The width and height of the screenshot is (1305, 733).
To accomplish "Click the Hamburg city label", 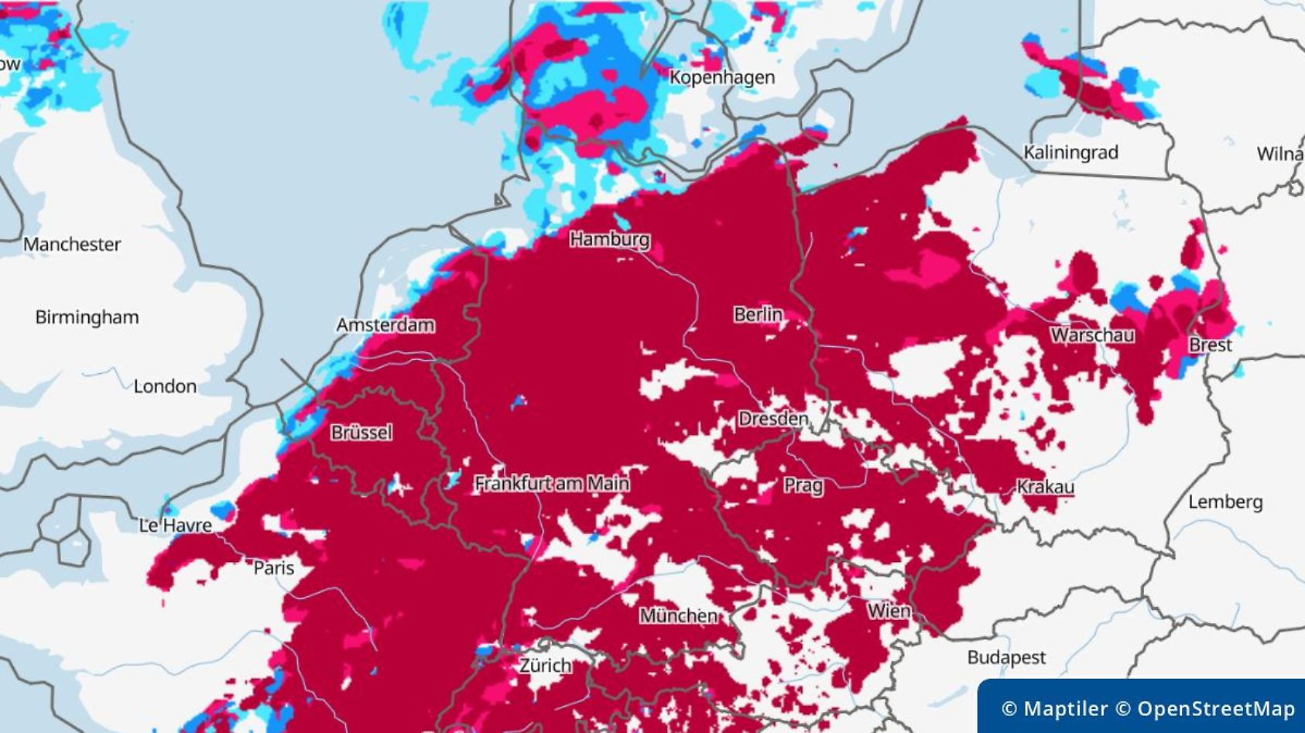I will click(x=609, y=239).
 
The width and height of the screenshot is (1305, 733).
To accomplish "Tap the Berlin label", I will click(x=758, y=314).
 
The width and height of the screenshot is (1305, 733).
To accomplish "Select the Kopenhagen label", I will click(x=721, y=77).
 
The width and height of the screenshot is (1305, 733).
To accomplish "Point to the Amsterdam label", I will click(x=385, y=325).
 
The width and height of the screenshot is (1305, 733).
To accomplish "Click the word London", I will click(x=165, y=386).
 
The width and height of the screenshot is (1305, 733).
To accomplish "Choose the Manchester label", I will click(x=72, y=245).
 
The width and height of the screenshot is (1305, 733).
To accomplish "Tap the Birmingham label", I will click(x=87, y=317).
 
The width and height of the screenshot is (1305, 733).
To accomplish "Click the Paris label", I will click(x=274, y=568).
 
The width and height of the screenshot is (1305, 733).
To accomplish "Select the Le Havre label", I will click(x=175, y=526).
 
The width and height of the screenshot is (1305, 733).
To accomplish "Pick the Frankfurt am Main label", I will click(x=551, y=484).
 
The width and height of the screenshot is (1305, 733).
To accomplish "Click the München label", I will click(x=678, y=616).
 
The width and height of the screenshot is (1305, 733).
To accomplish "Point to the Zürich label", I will click(x=545, y=666).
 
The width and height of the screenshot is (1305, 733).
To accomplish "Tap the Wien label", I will click(x=889, y=611).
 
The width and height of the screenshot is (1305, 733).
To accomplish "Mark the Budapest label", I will click(x=1005, y=658).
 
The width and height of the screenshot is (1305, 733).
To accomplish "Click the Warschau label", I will click(x=1092, y=335).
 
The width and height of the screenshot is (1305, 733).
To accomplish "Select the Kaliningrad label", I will click(x=1070, y=152).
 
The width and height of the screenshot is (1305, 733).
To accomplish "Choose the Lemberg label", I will click(x=1225, y=502).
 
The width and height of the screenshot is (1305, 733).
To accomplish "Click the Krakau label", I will click(x=1045, y=487).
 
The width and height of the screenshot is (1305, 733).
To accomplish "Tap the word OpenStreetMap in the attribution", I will click(x=1215, y=708).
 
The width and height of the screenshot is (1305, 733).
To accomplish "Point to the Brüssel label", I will click(x=361, y=433).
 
